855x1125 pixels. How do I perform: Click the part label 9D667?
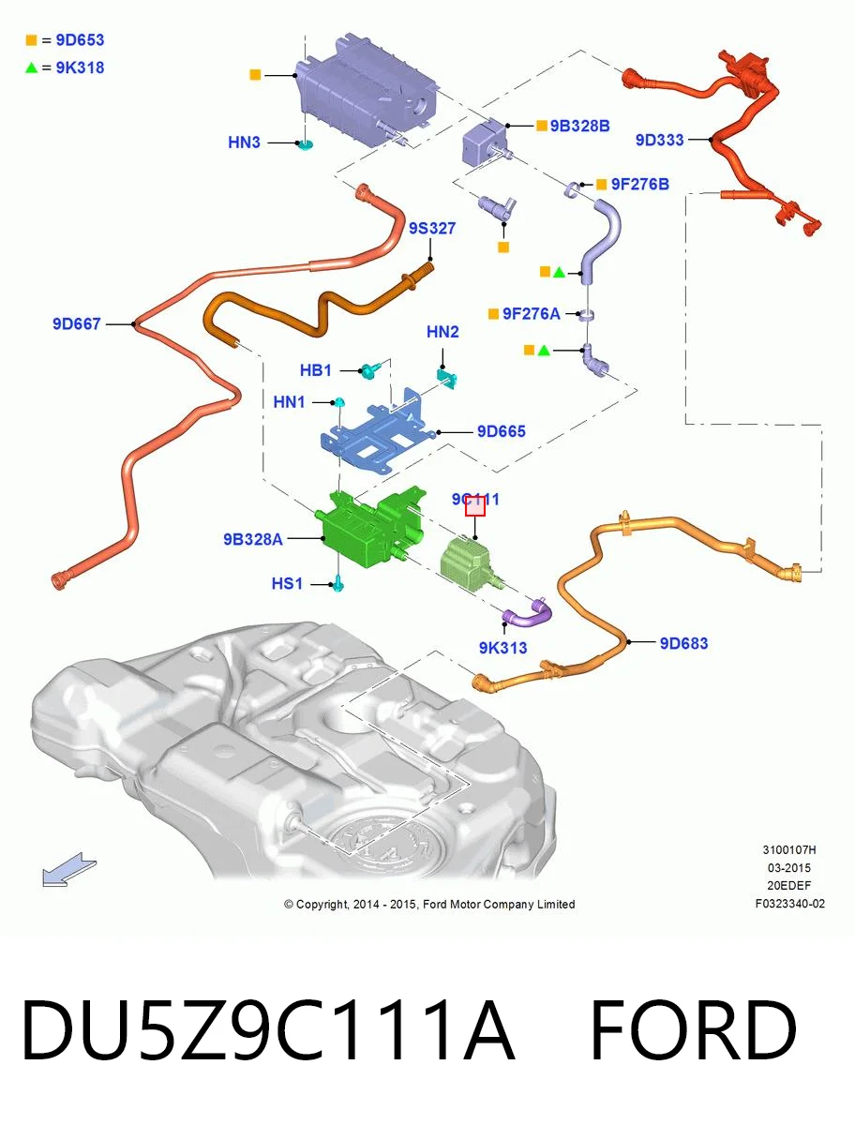[x=76, y=324]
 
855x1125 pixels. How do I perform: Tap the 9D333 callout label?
[x=659, y=140]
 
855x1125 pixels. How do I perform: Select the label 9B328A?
[x=252, y=539]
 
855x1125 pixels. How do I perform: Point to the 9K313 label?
[x=502, y=648]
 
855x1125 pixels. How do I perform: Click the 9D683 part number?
[x=683, y=643]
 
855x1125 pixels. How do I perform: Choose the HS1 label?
[x=287, y=583]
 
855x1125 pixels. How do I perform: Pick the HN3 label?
[x=244, y=142]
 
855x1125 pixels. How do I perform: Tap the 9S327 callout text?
[x=432, y=228]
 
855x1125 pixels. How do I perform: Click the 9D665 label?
[x=501, y=431]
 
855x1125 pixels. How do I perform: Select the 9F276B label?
[x=639, y=184]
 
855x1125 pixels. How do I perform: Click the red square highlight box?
[x=475, y=506]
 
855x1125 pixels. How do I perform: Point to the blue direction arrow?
[x=68, y=870]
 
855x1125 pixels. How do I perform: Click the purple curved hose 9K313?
[x=528, y=614]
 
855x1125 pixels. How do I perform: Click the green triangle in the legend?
[x=31, y=67]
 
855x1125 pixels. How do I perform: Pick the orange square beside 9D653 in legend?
[x=31, y=40]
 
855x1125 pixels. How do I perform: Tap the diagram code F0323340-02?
[x=790, y=904]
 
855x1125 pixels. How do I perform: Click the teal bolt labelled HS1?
[x=338, y=584]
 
